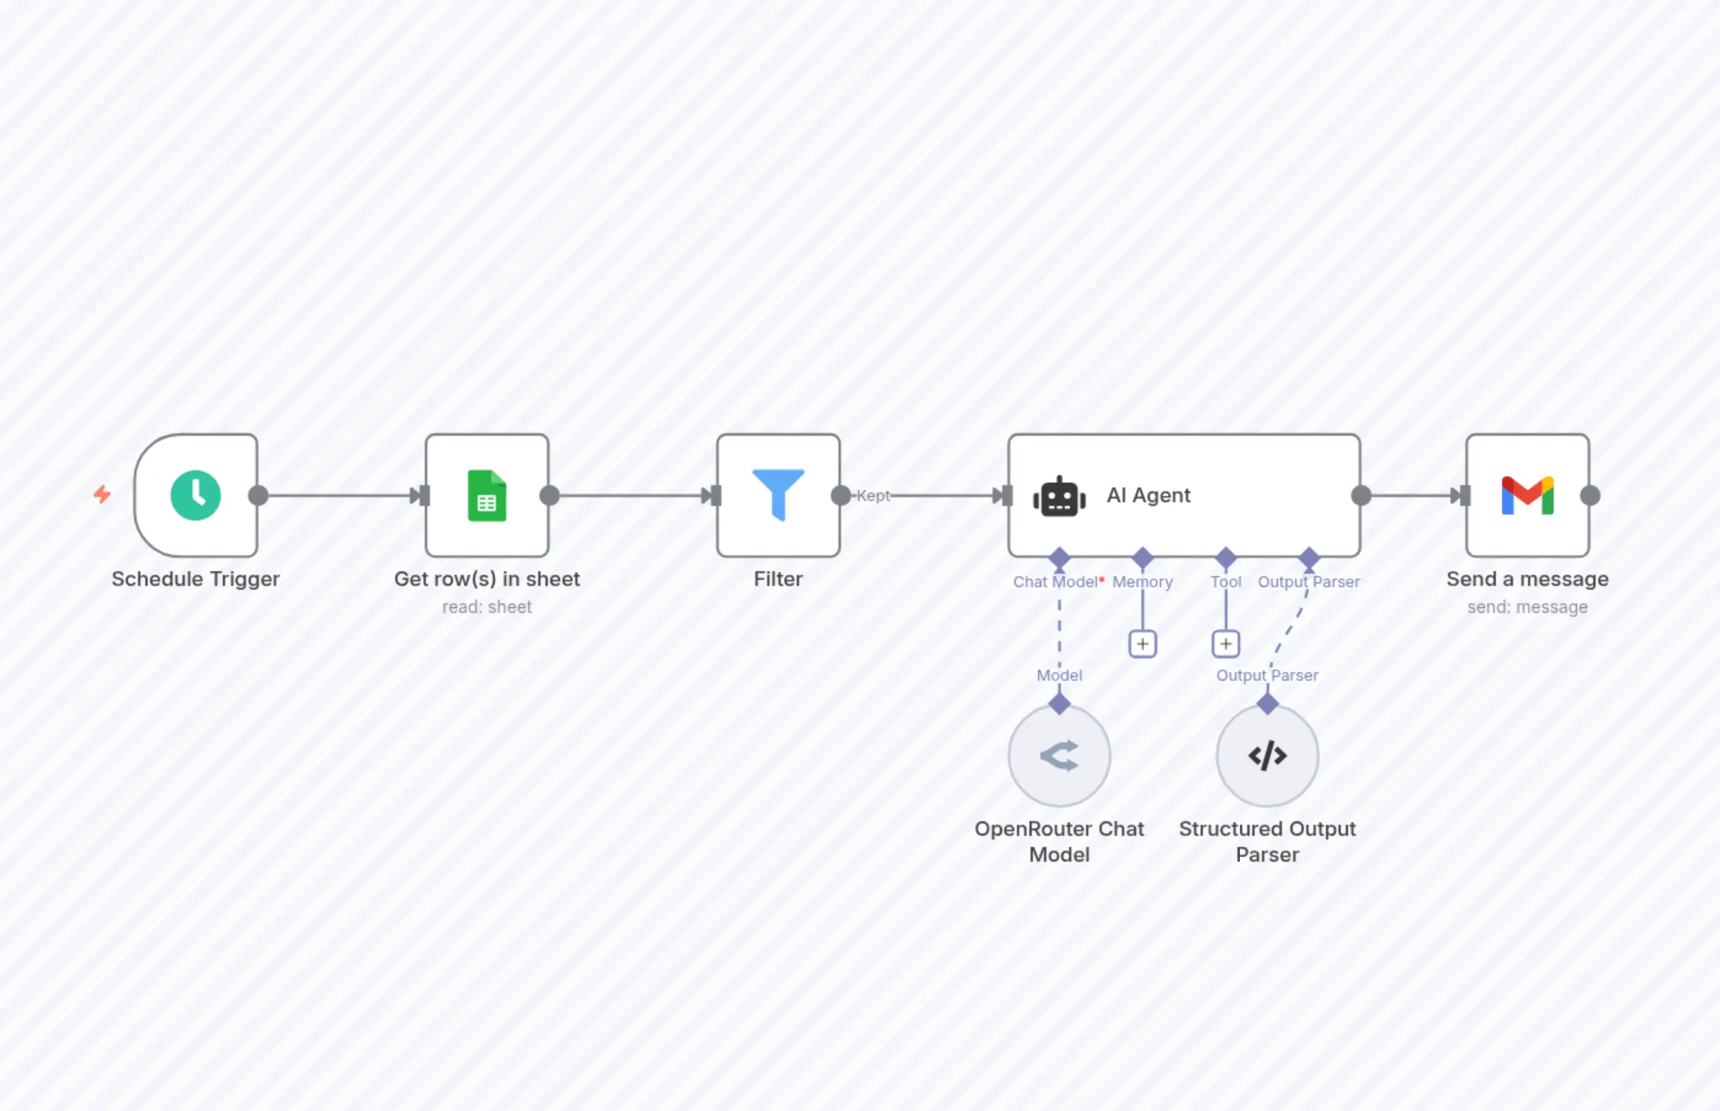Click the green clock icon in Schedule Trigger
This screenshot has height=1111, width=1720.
[196, 495]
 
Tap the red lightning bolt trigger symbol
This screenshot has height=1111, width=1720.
[102, 494]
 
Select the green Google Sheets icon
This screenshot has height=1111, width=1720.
[487, 495]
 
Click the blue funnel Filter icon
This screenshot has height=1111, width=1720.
[778, 494]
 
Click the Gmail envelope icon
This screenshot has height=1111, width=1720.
[1527, 495]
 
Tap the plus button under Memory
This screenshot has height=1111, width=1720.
[1142, 643]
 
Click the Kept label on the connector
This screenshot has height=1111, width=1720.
[873, 495]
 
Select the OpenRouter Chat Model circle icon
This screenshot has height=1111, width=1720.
[1059, 755]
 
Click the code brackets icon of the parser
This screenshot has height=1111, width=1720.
[1267, 755]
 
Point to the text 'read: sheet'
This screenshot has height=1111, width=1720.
[487, 607]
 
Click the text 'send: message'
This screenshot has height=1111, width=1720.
[1527, 607]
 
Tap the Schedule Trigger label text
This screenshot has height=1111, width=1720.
[196, 579]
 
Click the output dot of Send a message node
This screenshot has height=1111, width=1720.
[1589, 495]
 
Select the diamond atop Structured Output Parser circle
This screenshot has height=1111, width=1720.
[1267, 704]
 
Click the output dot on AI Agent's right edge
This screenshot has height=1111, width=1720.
[1360, 495]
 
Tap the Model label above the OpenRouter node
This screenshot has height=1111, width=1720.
[1059, 675]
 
